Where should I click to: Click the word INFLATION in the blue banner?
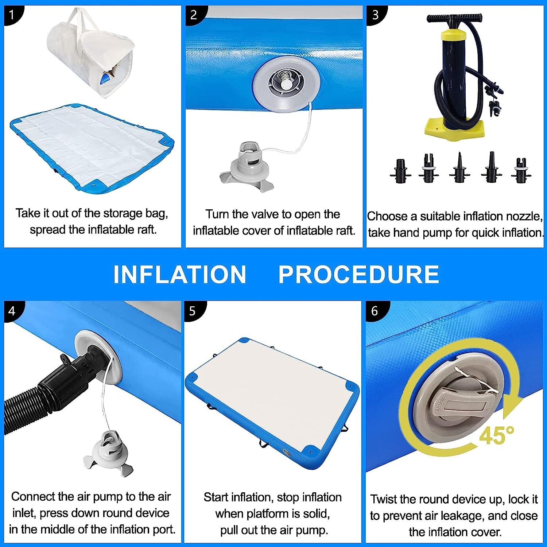(x=180, y=274)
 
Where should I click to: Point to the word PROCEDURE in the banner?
(x=359, y=274)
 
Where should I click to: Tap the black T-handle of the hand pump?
(x=454, y=18)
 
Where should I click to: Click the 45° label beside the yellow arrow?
(x=496, y=435)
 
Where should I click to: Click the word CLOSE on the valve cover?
(x=440, y=405)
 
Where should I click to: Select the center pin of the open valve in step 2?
(x=286, y=84)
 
